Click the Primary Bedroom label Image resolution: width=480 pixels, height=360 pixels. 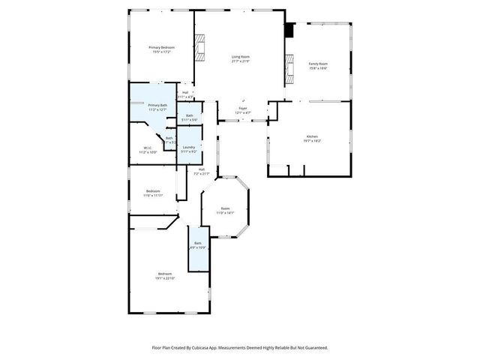point(162,47)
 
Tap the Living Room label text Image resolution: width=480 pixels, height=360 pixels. point(240,57)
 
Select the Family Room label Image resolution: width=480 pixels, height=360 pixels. point(319,64)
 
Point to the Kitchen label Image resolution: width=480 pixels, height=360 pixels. point(311,136)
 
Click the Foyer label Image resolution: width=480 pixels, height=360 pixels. point(243,109)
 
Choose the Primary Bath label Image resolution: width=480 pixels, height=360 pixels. point(157,105)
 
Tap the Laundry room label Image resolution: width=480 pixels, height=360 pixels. point(189,147)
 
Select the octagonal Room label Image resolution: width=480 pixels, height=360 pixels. point(225,208)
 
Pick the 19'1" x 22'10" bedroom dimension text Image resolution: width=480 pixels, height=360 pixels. point(165,278)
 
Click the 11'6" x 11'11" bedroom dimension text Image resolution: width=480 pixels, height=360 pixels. point(152,195)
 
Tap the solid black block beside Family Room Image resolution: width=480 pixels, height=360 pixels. point(289,31)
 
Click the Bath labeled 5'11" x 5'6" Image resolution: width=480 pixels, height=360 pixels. point(190,115)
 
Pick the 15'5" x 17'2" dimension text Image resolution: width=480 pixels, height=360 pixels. point(162,52)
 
